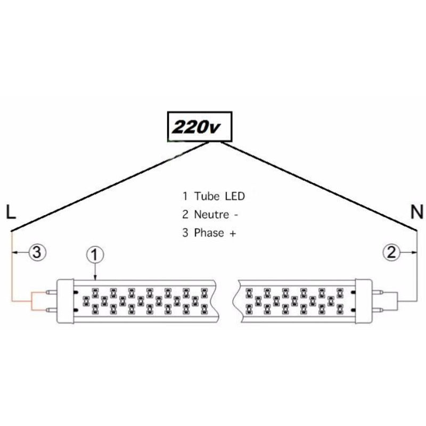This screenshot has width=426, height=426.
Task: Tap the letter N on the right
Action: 417,213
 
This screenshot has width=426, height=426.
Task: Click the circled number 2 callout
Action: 392,252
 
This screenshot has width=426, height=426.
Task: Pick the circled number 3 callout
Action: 36,252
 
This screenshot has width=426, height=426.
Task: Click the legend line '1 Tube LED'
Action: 213,196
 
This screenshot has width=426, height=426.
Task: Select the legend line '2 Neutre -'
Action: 210,215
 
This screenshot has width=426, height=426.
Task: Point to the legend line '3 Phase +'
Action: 209,233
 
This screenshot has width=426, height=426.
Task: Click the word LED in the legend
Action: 234,196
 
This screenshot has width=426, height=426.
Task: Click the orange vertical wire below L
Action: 12,266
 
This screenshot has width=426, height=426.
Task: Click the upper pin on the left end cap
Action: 50,292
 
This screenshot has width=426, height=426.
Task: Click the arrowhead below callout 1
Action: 94,276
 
